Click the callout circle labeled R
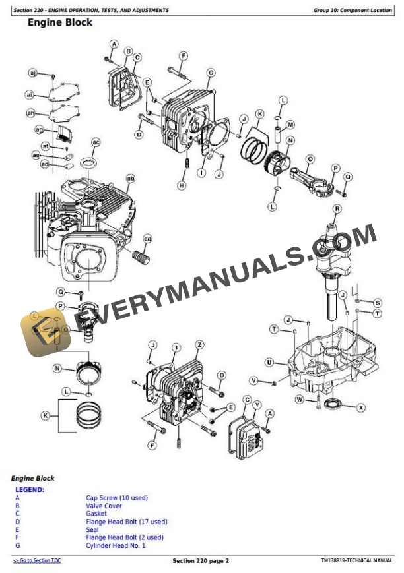[337, 210]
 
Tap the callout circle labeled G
[211, 73]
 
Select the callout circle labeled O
[310, 159]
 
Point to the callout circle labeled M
[290, 124]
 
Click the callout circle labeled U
[269, 362]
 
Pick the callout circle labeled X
[361, 408]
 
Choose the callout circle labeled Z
[199, 345]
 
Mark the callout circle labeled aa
[147, 239]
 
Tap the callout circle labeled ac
[96, 142]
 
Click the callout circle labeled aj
[32, 73]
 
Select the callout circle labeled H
[182, 186]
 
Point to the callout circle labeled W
[299, 399]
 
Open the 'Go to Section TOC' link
[37, 560]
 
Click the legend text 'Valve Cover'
[104, 506]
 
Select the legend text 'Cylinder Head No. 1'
[116, 545]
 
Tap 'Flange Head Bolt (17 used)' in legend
[126, 522]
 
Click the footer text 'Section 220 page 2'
[201, 560]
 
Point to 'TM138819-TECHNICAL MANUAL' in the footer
[356, 560]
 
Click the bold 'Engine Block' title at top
[59, 22]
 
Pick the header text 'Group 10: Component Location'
[353, 10]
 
